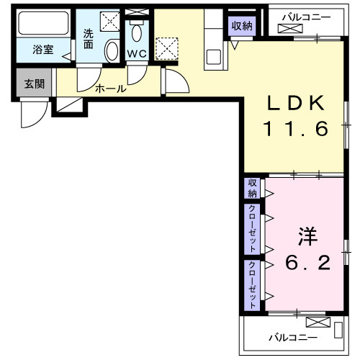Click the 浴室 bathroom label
(x=42, y=50)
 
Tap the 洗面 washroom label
(x=88, y=37)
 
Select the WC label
(x=137, y=53)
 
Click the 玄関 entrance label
(x=34, y=84)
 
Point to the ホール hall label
(x=111, y=89)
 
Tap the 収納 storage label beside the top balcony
(x=242, y=26)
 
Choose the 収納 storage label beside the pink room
(x=252, y=188)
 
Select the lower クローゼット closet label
(x=252, y=283)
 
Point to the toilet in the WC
(x=137, y=33)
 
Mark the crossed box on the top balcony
(x=291, y=29)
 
